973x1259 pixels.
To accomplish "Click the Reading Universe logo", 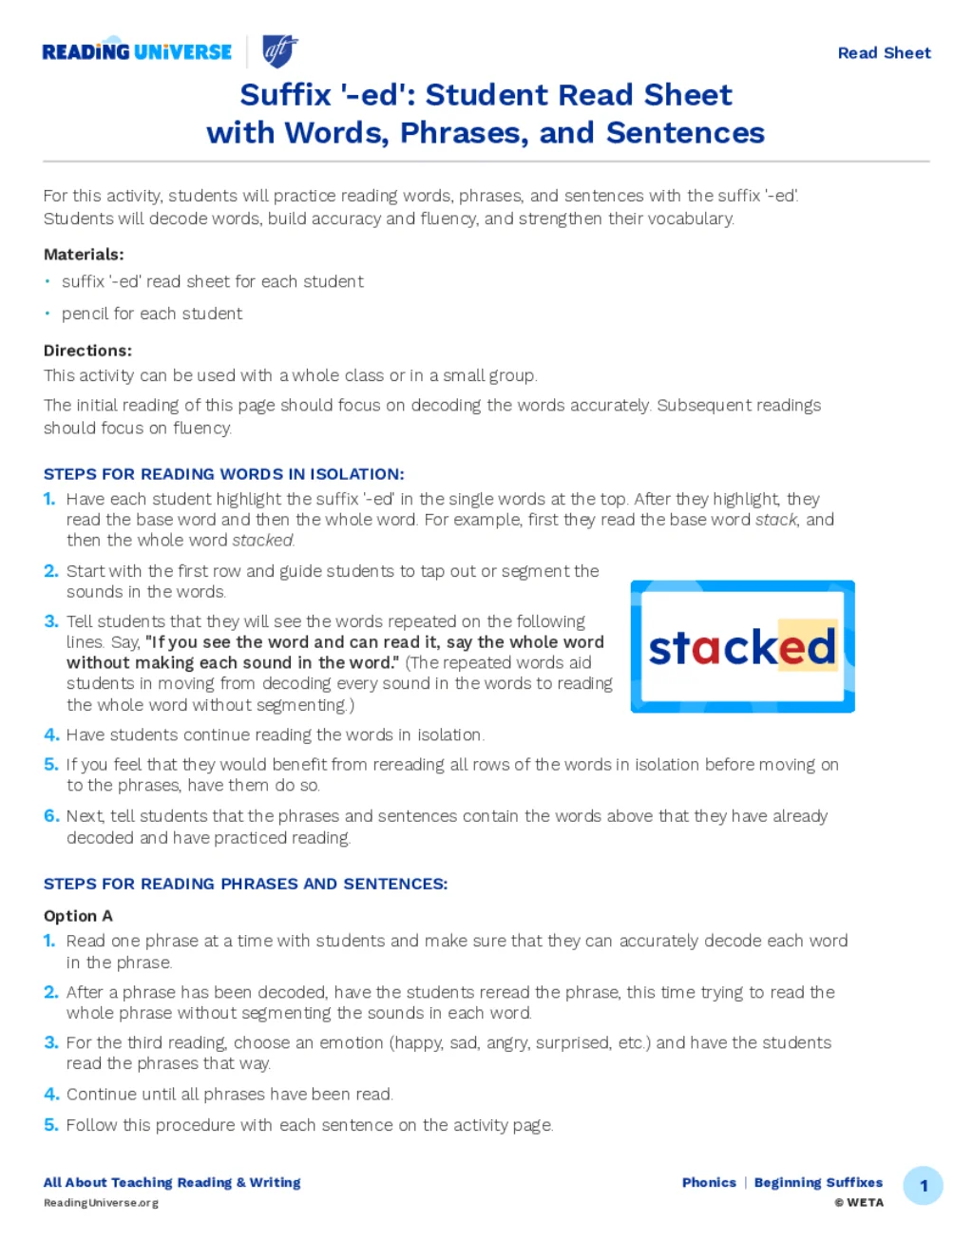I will [x=137, y=52].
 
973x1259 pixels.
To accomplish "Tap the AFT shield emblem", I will [x=279, y=51].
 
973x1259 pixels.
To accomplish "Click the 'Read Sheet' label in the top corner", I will [x=884, y=53].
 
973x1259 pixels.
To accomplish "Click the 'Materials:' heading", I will [x=84, y=255].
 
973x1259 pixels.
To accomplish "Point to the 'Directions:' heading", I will [x=87, y=351].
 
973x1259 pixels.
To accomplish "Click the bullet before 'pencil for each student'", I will [x=48, y=314].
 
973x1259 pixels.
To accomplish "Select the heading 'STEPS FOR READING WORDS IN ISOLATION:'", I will [x=223, y=474].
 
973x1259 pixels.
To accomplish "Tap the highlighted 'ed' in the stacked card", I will [x=808, y=646].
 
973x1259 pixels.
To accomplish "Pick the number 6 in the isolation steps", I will [x=51, y=816].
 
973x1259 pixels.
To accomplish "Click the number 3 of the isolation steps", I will [x=51, y=621].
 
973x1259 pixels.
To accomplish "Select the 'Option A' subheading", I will [x=78, y=916].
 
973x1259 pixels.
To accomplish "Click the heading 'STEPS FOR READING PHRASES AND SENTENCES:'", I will [x=245, y=884].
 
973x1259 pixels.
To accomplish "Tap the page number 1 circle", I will [x=923, y=1186].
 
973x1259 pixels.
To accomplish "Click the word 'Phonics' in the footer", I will [x=709, y=1183].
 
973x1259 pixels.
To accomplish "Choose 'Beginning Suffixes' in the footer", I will [x=818, y=1183].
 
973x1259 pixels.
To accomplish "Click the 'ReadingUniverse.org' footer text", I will [x=101, y=1203].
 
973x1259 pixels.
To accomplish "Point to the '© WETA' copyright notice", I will [x=859, y=1203].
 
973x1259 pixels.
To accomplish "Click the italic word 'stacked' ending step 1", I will [x=263, y=541].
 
